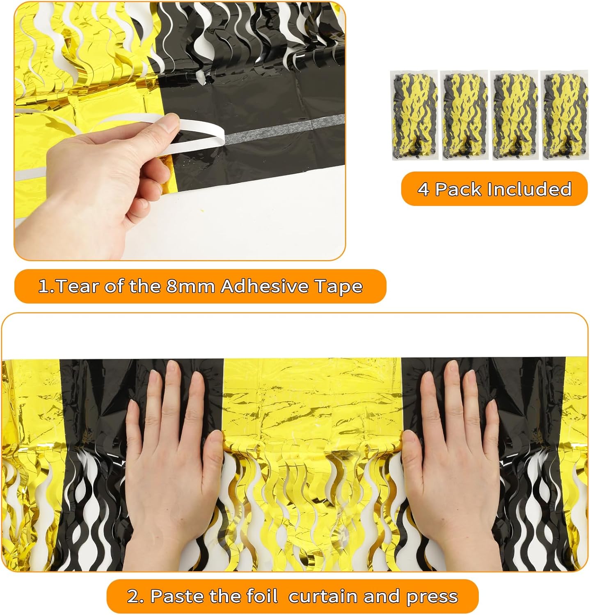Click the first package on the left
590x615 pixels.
click(x=414, y=115)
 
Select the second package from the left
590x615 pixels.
click(x=464, y=115)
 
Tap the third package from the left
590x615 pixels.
click(x=514, y=115)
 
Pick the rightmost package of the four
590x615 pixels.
click(x=564, y=115)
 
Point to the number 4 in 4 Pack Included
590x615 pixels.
click(x=423, y=189)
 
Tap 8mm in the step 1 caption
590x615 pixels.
click(x=190, y=286)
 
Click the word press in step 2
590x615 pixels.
click(x=432, y=596)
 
